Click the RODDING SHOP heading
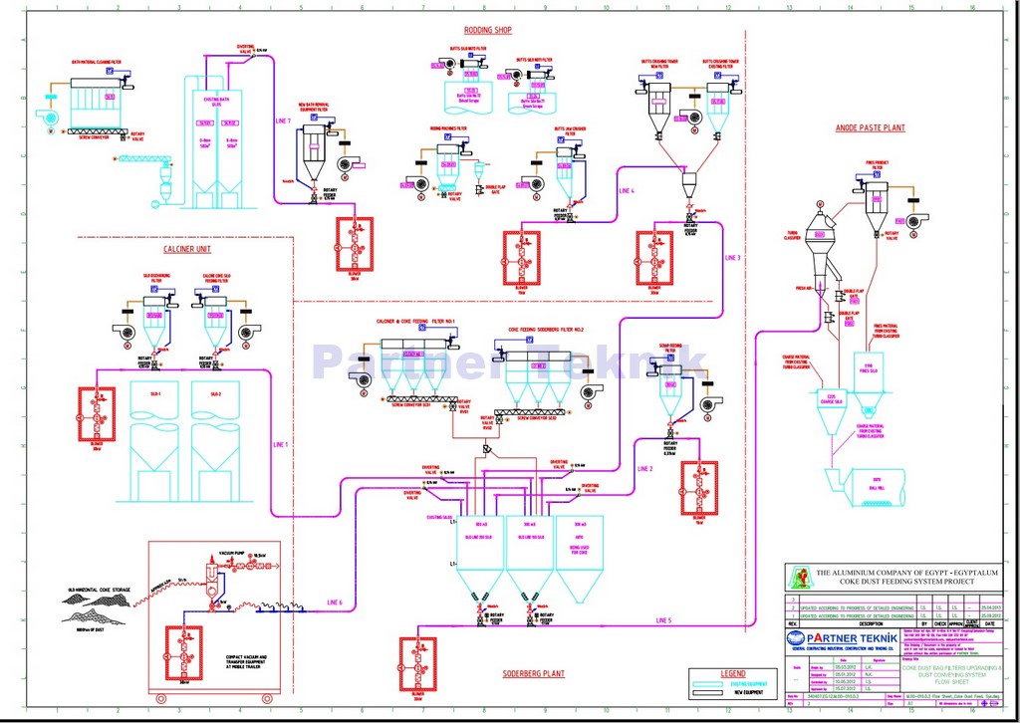point(487,31)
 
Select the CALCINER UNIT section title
point(186,249)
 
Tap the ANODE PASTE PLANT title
point(870,128)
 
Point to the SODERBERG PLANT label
point(534,673)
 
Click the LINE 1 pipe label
point(280,444)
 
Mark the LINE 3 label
point(732,259)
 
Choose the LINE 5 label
point(663,619)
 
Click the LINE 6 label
point(334,603)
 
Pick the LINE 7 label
point(282,120)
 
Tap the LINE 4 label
point(626,190)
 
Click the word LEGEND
point(732,674)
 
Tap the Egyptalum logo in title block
point(799,578)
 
